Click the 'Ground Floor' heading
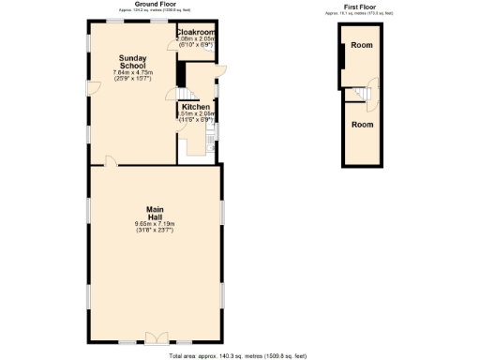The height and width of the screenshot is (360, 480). [155, 4]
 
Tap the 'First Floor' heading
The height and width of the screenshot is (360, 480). [360, 8]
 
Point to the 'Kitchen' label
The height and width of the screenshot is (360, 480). [195, 107]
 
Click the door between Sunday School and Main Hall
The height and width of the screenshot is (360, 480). [111, 161]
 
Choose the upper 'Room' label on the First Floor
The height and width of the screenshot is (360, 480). [362, 45]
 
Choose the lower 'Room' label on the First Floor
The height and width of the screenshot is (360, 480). [362, 124]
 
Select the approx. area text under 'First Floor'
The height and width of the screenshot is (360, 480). [360, 14]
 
